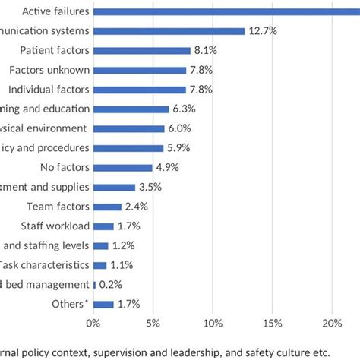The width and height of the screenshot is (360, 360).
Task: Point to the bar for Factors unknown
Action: tap(140, 70)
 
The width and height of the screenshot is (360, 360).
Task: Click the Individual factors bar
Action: tap(140, 90)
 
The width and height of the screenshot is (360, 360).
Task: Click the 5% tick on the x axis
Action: tap(153, 322)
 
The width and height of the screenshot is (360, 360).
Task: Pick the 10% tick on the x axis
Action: tap(213, 322)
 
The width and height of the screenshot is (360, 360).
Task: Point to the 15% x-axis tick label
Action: tap(273, 322)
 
